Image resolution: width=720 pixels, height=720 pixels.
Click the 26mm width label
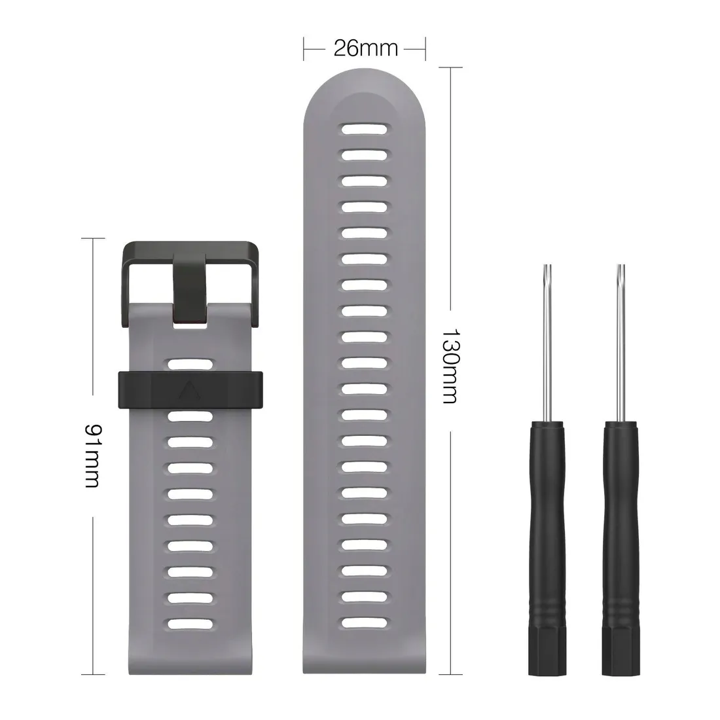[365, 48]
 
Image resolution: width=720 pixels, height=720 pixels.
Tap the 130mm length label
[450, 365]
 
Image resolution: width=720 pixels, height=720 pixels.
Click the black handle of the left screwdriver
[547, 549]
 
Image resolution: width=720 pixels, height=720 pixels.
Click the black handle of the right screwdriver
[621, 549]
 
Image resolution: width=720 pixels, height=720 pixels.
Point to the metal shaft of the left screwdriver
[547, 342]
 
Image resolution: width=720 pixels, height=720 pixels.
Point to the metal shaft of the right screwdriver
[621, 342]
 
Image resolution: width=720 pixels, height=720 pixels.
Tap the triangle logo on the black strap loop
[190, 391]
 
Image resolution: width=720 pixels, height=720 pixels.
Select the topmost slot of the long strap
[364, 129]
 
